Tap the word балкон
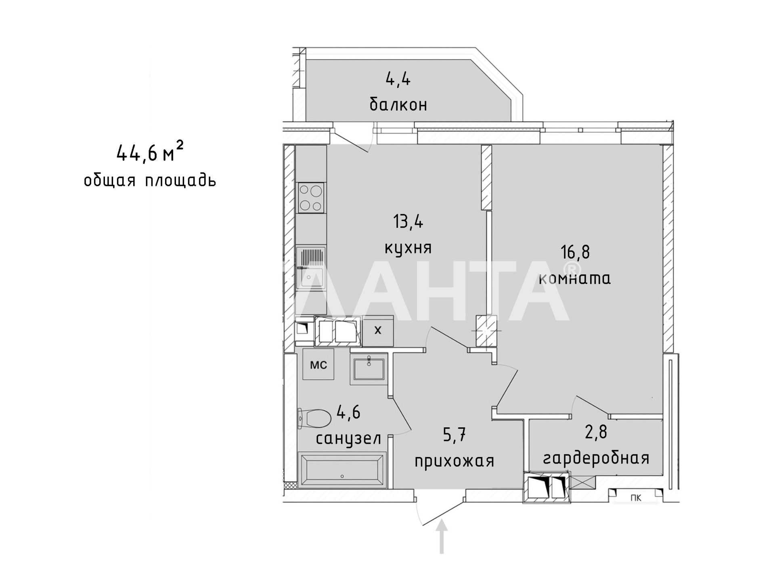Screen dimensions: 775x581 click(398, 104)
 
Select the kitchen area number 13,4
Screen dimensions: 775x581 click(408, 222)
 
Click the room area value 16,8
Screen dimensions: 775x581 click(575, 252)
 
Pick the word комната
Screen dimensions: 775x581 click(575, 278)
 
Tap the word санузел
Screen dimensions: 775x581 click(348, 439)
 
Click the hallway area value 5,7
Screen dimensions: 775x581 click(455, 435)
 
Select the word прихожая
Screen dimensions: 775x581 click(455, 461)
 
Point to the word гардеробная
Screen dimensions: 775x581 click(596, 458)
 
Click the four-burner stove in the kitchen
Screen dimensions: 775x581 click(311, 197)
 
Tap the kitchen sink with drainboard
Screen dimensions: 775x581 click(311, 268)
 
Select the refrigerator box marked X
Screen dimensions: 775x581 click(378, 330)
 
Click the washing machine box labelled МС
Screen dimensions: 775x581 click(318, 365)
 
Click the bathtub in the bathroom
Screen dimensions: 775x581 click(342, 470)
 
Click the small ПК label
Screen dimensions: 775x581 click(636, 498)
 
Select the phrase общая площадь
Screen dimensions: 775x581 click(150, 180)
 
